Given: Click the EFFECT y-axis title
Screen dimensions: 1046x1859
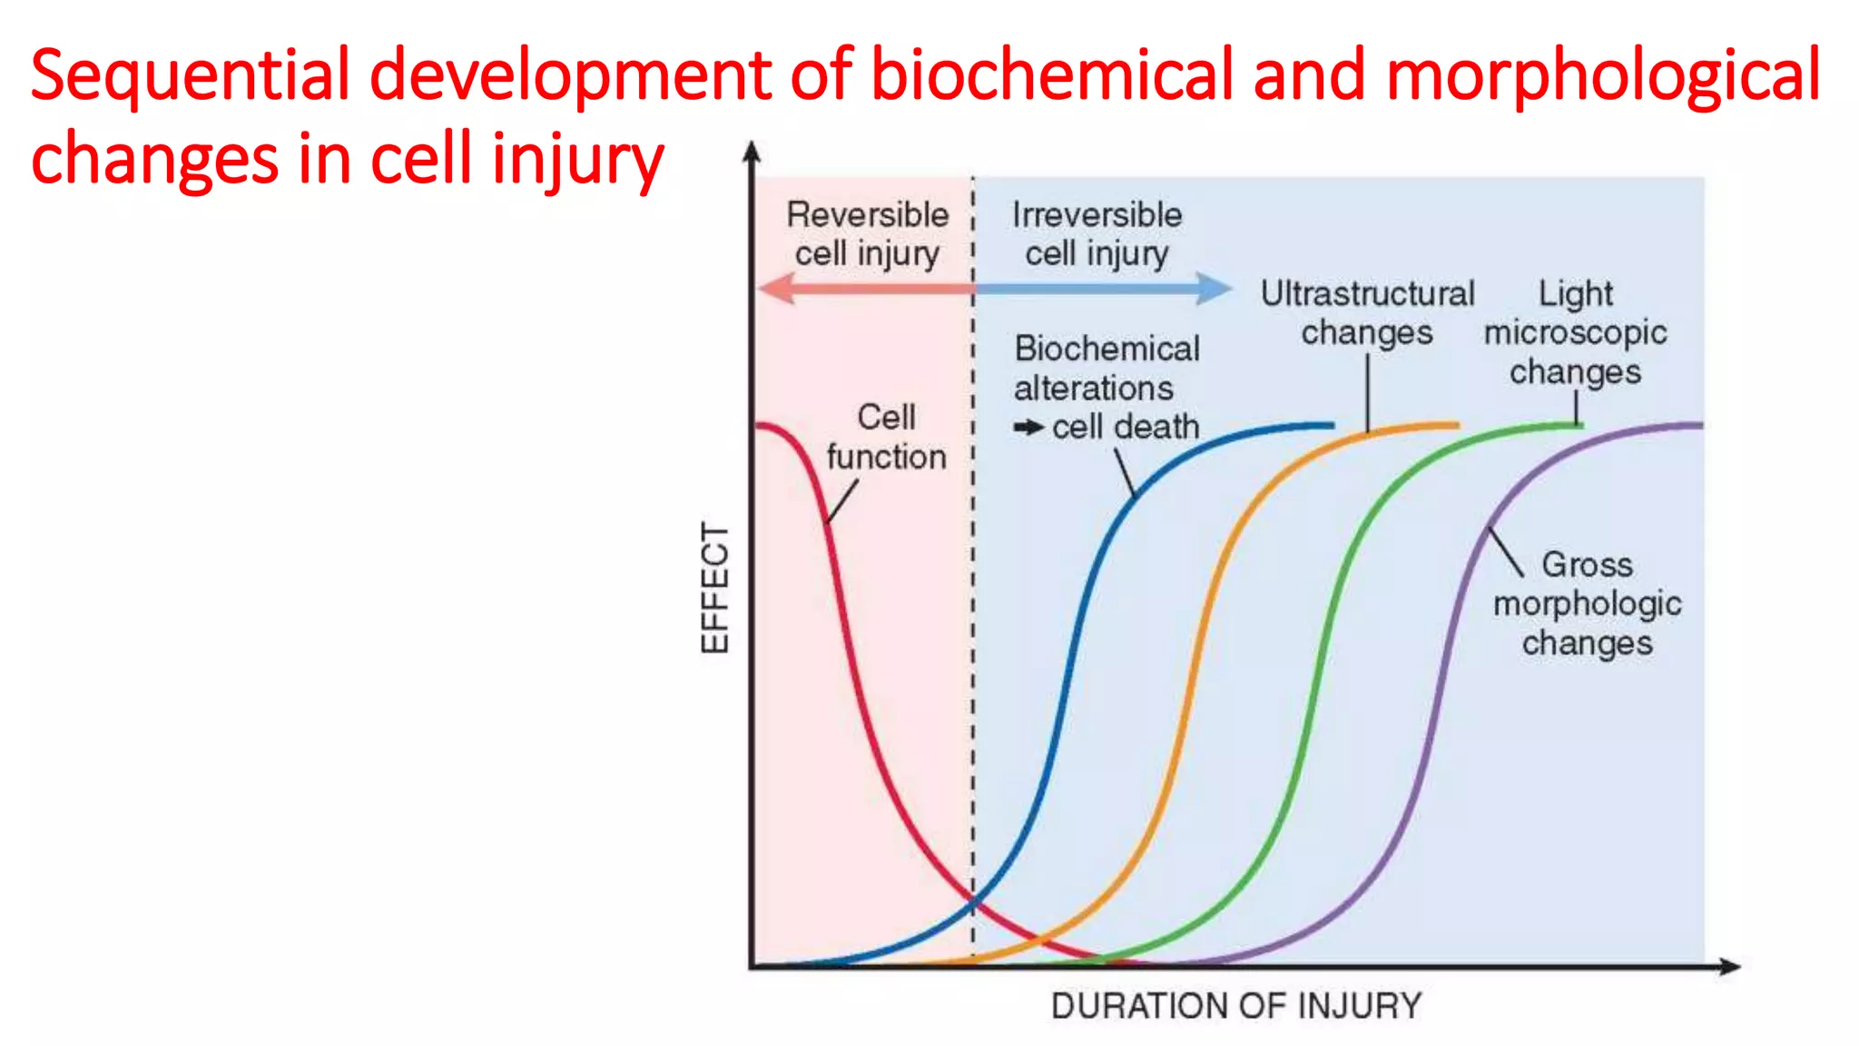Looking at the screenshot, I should coord(714,588).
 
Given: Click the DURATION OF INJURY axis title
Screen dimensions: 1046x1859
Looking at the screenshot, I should coord(1236,1006).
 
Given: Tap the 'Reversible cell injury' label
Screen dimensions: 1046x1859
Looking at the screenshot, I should coord(867,234).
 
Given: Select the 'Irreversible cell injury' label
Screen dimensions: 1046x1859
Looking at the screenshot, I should coord(1097,234).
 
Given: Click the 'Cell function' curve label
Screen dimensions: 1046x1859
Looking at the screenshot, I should coord(886,437).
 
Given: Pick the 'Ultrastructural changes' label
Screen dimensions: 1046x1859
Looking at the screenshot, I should coord(1367,312).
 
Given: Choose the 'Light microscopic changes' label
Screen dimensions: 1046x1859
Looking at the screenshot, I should coord(1575,332).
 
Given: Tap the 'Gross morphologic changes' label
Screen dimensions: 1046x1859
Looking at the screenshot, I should coord(1587,604).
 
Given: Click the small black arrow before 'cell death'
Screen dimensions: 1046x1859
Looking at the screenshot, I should coord(1029,427).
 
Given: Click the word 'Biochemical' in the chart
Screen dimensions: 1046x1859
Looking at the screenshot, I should coord(1107,349).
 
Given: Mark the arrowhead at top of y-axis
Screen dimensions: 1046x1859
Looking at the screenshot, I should coord(752,152).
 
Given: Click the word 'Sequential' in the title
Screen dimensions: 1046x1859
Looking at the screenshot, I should coord(189,76).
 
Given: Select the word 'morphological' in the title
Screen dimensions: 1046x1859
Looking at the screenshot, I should coord(1603,76).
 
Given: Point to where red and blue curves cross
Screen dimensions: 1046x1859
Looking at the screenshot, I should coord(973,902).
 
